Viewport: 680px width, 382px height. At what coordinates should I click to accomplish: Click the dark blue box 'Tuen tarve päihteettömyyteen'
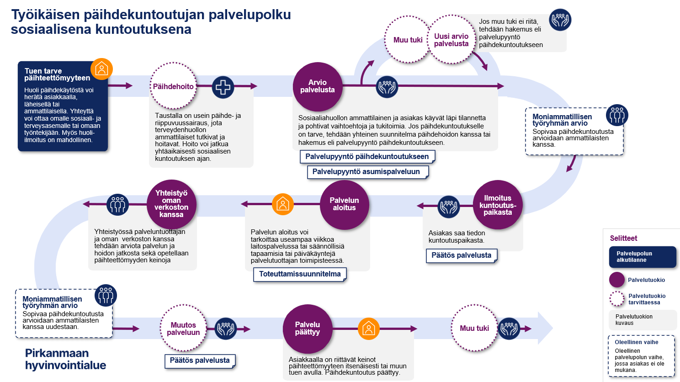pyautogui.click(x=63, y=106)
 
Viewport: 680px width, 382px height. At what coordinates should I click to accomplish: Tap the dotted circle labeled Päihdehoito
pyautogui.click(x=173, y=86)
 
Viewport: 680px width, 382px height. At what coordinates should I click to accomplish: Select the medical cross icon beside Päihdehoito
pyautogui.click(x=223, y=87)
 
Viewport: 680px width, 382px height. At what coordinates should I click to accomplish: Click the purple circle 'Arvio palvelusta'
pyautogui.click(x=318, y=86)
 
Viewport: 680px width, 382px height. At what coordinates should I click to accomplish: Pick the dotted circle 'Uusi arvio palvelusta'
pyautogui.click(x=452, y=40)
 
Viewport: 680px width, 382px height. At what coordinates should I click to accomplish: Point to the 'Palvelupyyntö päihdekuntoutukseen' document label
pyautogui.click(x=367, y=157)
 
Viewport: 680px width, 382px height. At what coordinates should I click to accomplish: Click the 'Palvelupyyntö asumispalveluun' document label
pyautogui.click(x=366, y=172)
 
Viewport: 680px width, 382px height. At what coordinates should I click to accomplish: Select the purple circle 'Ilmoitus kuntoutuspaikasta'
pyautogui.click(x=498, y=205)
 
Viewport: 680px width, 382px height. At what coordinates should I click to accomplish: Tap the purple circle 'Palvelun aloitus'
pyautogui.click(x=344, y=204)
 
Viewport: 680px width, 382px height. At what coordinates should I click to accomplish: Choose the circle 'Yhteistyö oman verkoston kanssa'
pyautogui.click(x=171, y=204)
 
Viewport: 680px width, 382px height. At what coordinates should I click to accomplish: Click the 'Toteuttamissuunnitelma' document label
pyautogui.click(x=300, y=274)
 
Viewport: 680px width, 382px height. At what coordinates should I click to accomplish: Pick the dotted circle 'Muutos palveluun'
pyautogui.click(x=183, y=329)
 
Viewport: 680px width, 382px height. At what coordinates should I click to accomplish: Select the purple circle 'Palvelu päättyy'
pyautogui.click(x=308, y=329)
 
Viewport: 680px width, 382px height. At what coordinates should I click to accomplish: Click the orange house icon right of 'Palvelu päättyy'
pyautogui.click(x=368, y=329)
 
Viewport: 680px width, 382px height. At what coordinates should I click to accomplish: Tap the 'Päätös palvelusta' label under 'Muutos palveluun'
pyautogui.click(x=200, y=361)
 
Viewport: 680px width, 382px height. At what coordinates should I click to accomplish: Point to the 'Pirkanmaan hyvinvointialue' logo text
pyautogui.click(x=65, y=359)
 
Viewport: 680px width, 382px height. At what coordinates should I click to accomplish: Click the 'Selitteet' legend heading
pyautogui.click(x=623, y=238)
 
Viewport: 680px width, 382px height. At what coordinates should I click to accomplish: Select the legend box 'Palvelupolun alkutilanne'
pyautogui.click(x=642, y=257)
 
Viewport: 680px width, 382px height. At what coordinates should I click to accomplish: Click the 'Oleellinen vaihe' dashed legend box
pyautogui.click(x=641, y=356)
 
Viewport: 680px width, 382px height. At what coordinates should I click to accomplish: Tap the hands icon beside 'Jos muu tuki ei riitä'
pyautogui.click(x=560, y=20)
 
